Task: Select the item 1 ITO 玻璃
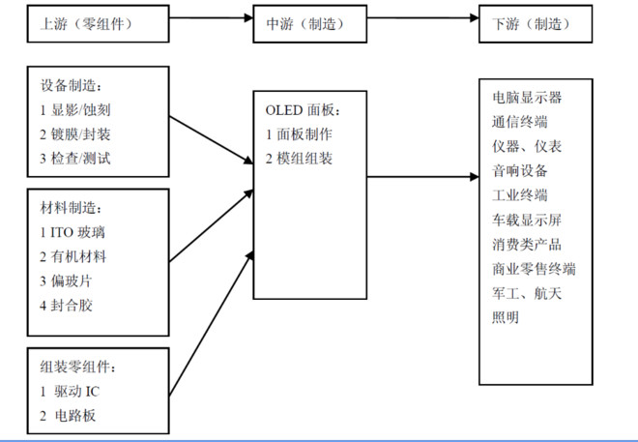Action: [x=74, y=233]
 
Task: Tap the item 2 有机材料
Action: [x=72, y=256]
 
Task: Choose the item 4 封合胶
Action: [x=67, y=305]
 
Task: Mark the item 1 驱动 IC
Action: [x=70, y=392]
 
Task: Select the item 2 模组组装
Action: [x=299, y=158]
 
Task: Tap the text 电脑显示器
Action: [x=527, y=98]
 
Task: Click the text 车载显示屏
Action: [x=527, y=220]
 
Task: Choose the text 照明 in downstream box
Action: [x=506, y=317]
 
